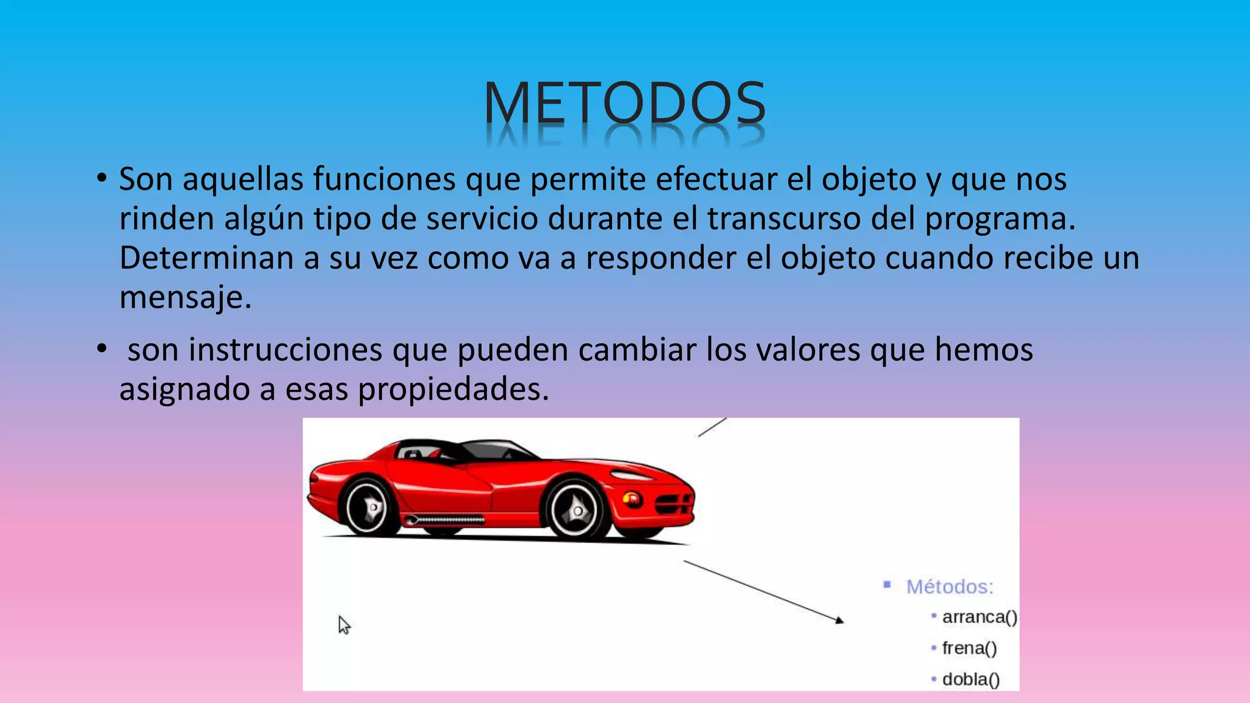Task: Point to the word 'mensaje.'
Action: [185, 298]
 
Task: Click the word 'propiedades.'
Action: [453, 389]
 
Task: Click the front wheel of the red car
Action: [576, 509]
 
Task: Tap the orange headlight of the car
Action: [632, 499]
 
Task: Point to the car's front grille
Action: [674, 504]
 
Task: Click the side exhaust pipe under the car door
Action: [444, 520]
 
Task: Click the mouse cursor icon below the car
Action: [344, 625]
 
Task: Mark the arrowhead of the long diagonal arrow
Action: [839, 620]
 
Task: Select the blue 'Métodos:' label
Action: [949, 587]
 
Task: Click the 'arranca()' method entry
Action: [979, 618]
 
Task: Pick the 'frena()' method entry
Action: [969, 649]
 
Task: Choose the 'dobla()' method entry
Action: [970, 679]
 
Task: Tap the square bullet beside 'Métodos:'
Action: [887, 585]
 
